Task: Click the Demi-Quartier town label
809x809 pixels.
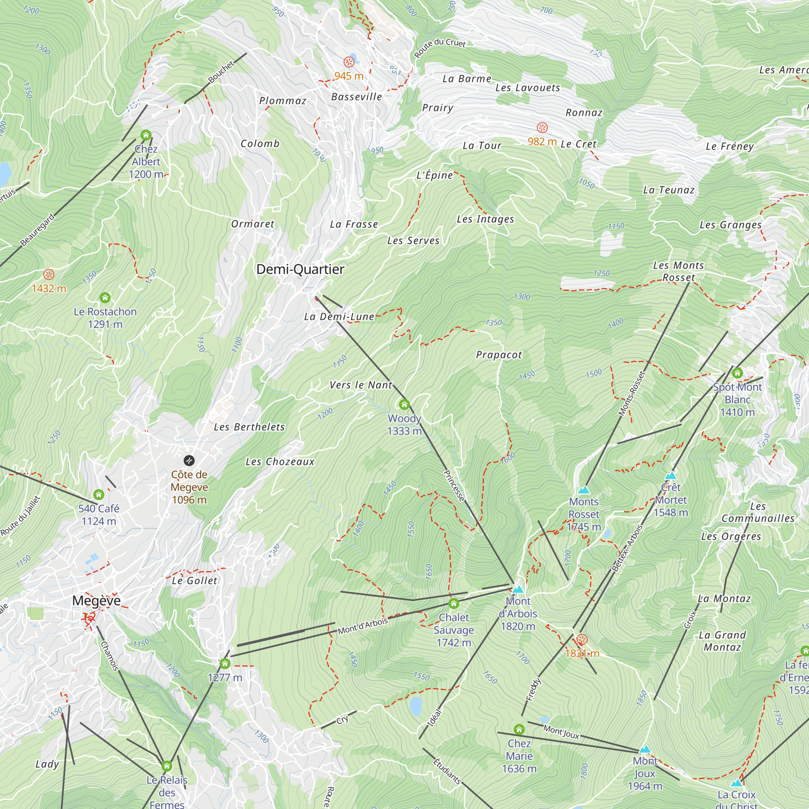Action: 300,269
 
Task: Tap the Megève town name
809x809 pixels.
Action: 96,600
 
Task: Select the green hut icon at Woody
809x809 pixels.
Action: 404,404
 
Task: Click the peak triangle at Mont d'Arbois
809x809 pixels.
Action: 518,589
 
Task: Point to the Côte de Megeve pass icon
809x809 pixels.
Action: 189,461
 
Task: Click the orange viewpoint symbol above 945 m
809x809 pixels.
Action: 349,62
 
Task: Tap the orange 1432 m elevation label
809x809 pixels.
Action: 49,288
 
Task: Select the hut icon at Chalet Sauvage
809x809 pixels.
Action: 453,604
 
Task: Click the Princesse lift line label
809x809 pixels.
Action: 454,486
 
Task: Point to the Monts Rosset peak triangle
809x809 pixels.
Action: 584,490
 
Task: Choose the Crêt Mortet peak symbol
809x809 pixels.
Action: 671,476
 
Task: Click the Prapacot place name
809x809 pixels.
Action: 499,355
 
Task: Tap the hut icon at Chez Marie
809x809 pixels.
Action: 519,729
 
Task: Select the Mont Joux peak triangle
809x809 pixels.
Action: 645,749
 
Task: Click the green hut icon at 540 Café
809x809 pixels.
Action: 99,495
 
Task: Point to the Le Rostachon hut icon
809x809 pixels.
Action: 105,298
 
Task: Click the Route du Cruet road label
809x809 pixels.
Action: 440,47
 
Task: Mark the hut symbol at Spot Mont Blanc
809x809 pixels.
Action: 737,373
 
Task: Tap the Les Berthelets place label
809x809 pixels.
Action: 249,427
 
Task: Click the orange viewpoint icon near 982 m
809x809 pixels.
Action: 542,127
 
